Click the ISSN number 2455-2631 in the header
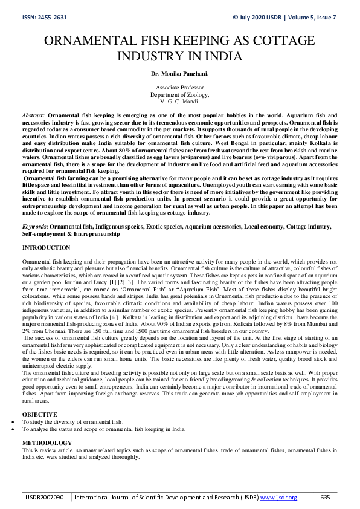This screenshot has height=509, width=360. tap(47, 17)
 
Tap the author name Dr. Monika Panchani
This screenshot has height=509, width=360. tap(179, 73)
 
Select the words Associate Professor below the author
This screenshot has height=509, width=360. tap(179, 88)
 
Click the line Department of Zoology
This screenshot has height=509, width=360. tap(179, 95)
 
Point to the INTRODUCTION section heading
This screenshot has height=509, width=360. tap(46, 248)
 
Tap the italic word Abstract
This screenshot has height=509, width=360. tap(33, 114)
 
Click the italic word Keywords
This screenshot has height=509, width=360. tap(35, 225)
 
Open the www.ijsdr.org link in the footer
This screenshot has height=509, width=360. tap(278, 497)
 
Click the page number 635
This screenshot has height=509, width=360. tap(325, 497)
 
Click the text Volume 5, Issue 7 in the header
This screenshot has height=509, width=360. tap(313, 17)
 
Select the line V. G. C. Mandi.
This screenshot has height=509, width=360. tap(179, 102)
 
